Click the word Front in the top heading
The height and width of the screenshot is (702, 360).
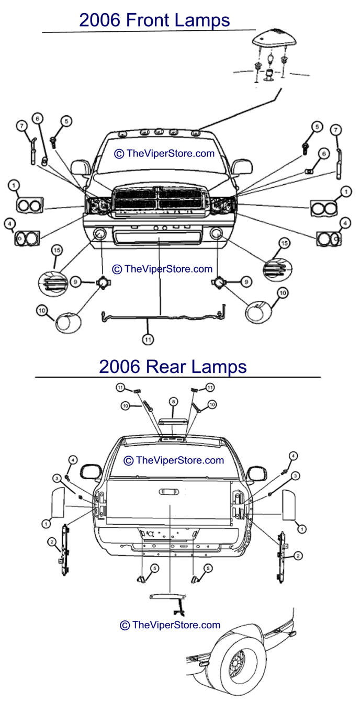point(154,20)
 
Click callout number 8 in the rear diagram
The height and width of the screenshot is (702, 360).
point(172,401)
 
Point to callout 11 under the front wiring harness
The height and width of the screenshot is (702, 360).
point(149,339)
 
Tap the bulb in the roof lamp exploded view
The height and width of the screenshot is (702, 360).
point(271,58)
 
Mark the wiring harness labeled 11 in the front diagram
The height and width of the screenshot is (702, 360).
point(162,317)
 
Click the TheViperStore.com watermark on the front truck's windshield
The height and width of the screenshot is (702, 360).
point(164,153)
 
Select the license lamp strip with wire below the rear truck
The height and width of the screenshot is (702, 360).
point(171,597)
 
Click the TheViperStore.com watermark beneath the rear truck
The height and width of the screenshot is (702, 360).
point(170,625)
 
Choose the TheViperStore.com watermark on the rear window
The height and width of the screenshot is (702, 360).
point(173,460)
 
